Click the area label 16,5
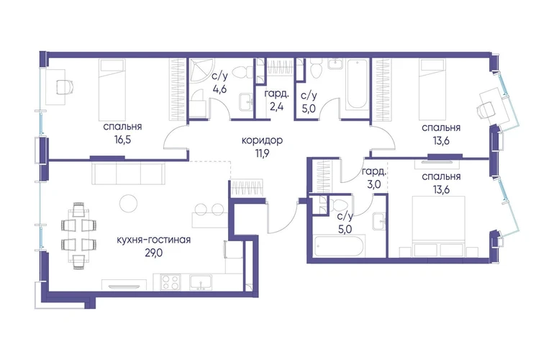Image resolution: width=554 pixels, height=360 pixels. (x=122, y=140)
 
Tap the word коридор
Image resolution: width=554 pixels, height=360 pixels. (x=262, y=140)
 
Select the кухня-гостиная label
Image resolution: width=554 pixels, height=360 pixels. (x=154, y=240)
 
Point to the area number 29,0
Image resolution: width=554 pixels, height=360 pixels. (x=154, y=253)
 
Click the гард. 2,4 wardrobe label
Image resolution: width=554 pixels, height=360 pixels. (x=277, y=100)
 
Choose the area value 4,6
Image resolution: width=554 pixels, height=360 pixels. (x=219, y=89)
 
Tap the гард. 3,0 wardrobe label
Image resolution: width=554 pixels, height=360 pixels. (x=373, y=179)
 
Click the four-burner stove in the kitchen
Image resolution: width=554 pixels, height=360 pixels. (x=171, y=282)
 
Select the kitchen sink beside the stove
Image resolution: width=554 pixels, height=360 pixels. (x=201, y=282)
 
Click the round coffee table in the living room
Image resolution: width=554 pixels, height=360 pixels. (x=128, y=204)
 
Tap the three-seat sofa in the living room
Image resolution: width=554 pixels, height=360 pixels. (x=129, y=174)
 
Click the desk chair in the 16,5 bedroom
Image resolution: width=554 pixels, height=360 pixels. (x=65, y=86)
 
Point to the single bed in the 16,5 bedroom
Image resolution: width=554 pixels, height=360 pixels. (x=112, y=89)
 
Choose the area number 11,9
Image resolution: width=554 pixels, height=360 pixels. (x=262, y=154)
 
